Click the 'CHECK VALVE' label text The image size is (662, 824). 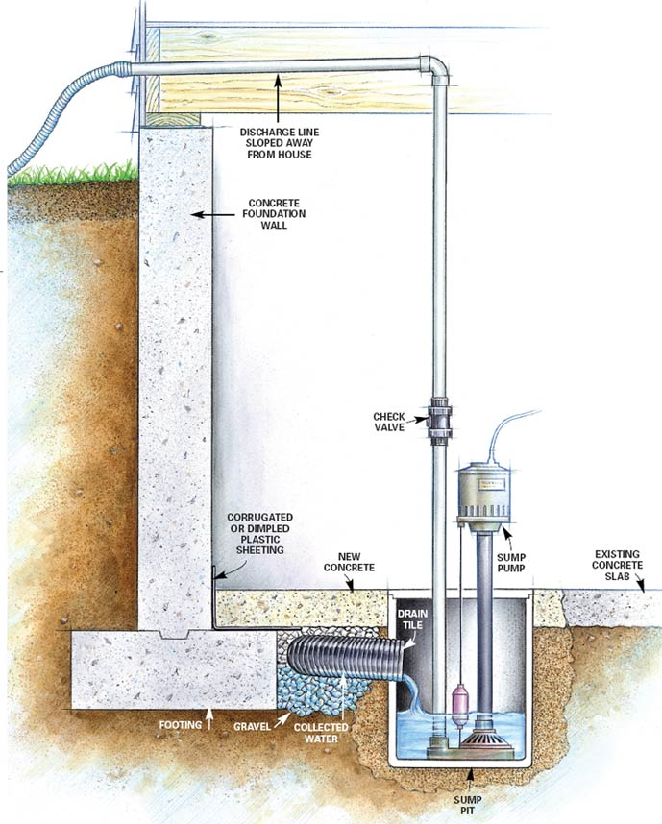pos(389,422)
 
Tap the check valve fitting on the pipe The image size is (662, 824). pos(440,421)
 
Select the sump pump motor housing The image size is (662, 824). pos(483,493)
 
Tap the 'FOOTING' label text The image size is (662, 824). pos(181,725)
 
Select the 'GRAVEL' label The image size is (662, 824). pos(253,726)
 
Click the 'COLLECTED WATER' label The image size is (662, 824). pos(321,733)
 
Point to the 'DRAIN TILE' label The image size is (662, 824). pos(412,619)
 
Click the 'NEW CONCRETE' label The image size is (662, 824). pos(349,562)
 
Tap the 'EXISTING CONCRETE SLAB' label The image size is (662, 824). pos(617,565)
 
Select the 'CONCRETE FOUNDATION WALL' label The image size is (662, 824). pos(274,214)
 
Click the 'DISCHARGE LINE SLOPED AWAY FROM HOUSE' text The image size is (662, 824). pos(280,143)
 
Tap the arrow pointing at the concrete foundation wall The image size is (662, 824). pos(213,214)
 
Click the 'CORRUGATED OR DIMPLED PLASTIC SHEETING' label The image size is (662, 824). pos(259,533)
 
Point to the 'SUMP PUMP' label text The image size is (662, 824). pos(511,562)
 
